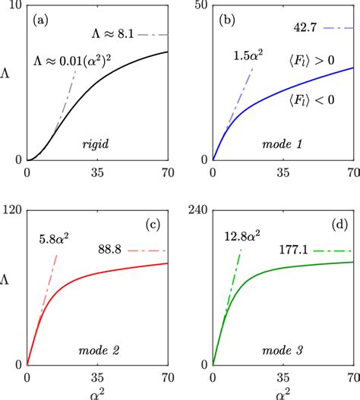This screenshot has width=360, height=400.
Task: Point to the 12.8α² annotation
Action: pos(240,237)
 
